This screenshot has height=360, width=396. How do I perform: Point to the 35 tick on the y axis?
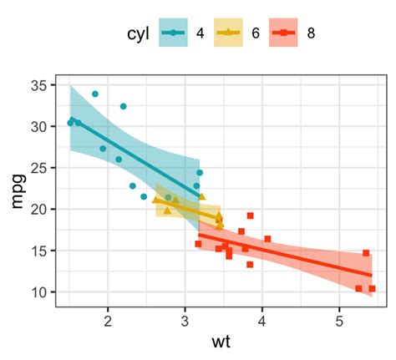39,85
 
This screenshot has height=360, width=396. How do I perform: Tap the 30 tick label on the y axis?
39,127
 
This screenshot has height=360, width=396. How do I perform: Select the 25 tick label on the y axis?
39,168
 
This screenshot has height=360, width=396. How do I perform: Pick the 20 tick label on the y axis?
39,210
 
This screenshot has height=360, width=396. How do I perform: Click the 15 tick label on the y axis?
39,251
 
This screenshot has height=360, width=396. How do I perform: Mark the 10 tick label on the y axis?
39,292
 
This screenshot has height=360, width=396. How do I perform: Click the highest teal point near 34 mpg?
95,94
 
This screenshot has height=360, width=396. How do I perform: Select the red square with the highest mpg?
250,215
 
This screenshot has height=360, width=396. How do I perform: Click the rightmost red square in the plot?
372,289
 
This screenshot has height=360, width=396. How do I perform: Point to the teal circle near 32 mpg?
124,106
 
